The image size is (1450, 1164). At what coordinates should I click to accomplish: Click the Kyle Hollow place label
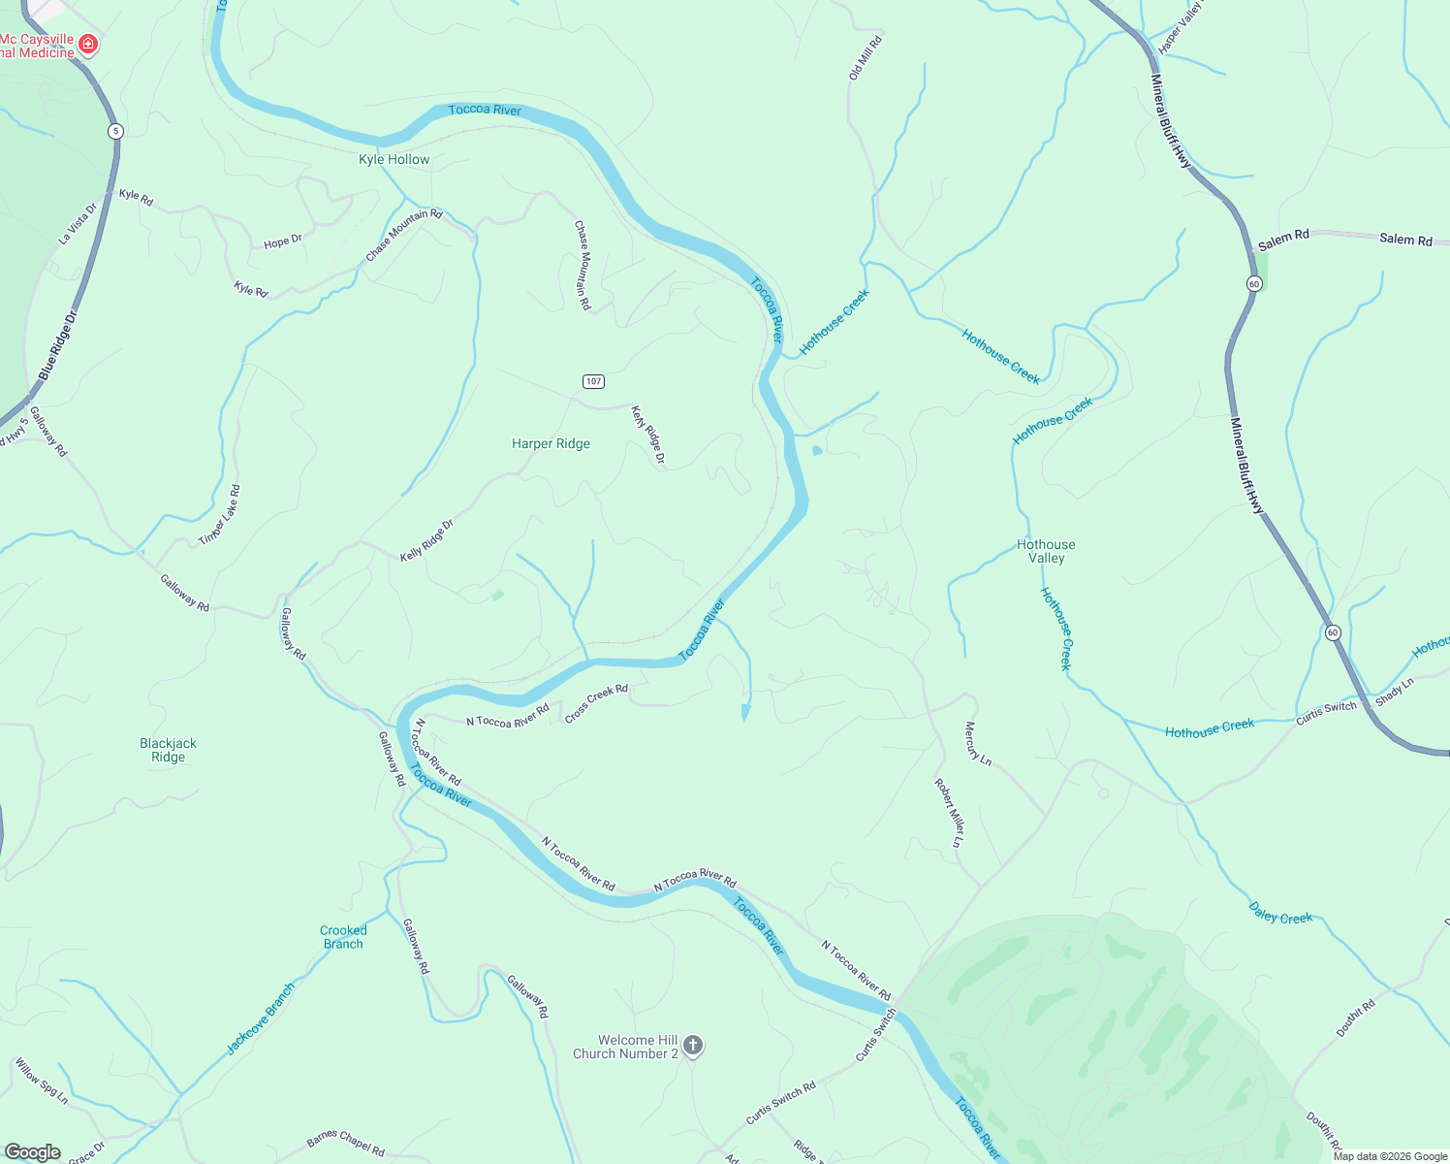tap(394, 159)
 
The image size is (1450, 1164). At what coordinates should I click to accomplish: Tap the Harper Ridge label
tap(551, 443)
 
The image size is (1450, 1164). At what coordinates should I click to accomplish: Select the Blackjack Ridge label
tap(168, 750)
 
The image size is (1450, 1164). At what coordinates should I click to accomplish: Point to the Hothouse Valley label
tap(1046, 551)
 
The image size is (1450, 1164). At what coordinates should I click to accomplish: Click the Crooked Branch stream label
tap(343, 937)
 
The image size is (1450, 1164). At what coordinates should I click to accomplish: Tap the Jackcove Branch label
tap(260, 1018)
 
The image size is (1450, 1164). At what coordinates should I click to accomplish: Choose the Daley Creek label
tap(1280, 913)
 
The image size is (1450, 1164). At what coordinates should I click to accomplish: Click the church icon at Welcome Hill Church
tap(692, 1045)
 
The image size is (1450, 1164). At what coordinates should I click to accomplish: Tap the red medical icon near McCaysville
tap(88, 44)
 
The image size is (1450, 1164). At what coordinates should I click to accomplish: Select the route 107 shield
tap(593, 381)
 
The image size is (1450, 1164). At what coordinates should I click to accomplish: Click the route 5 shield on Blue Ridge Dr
tap(115, 131)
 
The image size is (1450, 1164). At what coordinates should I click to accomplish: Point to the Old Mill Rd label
tap(866, 57)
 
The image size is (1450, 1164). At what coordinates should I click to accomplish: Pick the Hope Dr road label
tap(283, 242)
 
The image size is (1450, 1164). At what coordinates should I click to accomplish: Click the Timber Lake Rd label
tap(219, 515)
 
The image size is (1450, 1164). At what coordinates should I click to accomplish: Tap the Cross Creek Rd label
tap(596, 703)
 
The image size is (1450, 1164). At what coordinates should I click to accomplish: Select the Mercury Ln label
tap(978, 744)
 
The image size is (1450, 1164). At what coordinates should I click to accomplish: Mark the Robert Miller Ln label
tap(949, 813)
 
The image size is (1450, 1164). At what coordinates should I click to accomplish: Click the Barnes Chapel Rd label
tap(345, 1144)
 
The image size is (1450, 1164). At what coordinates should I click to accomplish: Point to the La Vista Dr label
tap(79, 223)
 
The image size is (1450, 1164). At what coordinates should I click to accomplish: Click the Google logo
tap(32, 1151)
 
